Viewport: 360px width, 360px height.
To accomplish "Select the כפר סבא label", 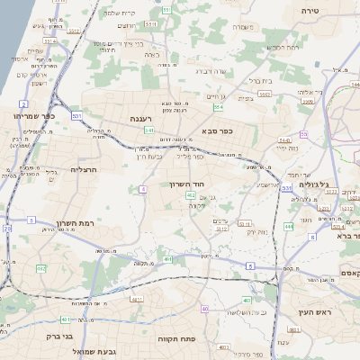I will (219, 131).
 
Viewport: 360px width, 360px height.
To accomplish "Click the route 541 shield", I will (148, 130).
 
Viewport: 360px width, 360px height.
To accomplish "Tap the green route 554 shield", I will (219, 107).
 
